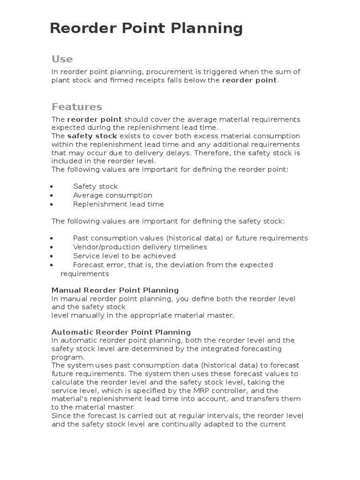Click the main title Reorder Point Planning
point(146,29)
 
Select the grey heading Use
point(62,59)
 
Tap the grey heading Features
point(76,107)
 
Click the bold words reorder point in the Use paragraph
point(249,80)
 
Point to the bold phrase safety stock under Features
point(92,136)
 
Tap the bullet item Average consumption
point(112,195)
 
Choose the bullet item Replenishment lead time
point(118,204)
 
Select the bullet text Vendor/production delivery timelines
point(140,247)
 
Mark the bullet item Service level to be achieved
point(124,256)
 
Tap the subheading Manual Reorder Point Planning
point(115,290)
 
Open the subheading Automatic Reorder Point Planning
point(121,332)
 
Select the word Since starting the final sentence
point(61,416)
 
